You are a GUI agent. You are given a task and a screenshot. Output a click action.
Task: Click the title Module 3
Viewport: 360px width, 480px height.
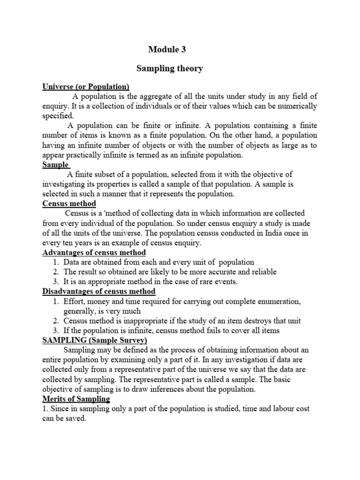click(170, 49)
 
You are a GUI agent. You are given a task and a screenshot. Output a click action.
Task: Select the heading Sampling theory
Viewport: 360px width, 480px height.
click(170, 68)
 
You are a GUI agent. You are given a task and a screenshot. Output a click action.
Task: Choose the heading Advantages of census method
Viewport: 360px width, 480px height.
click(94, 253)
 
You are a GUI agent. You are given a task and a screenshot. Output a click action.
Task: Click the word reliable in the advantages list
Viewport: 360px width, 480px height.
click(263, 272)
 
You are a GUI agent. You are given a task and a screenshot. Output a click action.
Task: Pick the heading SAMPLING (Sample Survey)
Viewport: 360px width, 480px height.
click(95, 340)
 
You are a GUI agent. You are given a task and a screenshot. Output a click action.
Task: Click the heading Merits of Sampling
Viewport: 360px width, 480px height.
click(76, 399)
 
